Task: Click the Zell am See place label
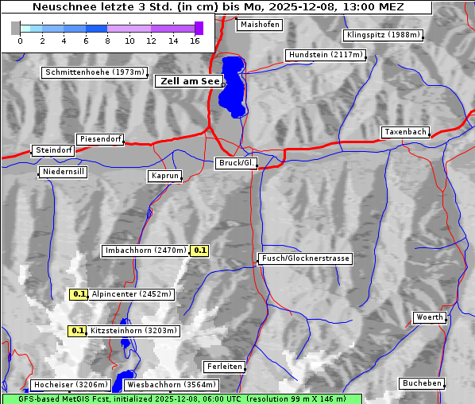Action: [190, 81]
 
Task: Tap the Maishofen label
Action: [259, 25]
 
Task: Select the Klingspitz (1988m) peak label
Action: [383, 35]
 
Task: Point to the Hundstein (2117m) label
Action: [326, 55]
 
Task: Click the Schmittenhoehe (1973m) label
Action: [95, 72]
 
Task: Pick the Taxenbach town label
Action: [405, 132]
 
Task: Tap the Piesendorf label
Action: [99, 139]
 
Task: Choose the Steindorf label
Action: [53, 150]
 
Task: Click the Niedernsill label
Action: [63, 172]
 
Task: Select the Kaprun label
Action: [165, 176]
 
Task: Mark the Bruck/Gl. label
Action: [237, 163]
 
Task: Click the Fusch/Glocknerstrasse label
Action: [306, 258]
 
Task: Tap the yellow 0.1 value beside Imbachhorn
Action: [200, 251]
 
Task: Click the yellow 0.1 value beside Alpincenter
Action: [79, 294]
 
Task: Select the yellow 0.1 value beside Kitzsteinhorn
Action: [77, 331]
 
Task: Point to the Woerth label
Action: [430, 317]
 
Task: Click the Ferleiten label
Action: [223, 367]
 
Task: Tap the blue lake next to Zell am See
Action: [232, 86]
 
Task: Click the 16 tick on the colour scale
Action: [195, 41]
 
